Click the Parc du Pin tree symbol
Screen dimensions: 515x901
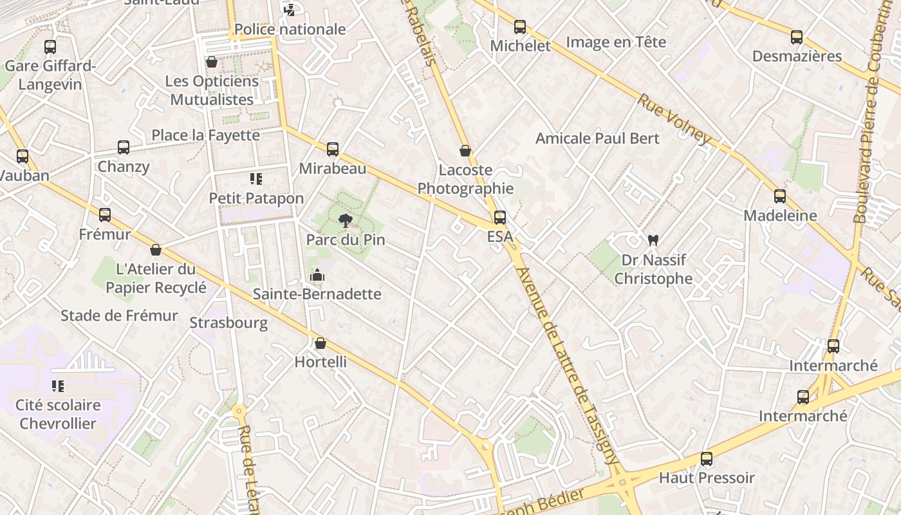point(346,221)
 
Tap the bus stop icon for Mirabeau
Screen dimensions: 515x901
point(333,149)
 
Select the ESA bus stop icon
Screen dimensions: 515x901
point(500,218)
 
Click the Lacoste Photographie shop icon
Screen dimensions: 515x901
point(465,151)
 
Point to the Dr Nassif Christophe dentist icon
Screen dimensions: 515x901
point(653,241)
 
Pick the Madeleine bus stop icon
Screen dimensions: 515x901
point(780,196)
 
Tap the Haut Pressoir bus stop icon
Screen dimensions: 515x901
point(707,459)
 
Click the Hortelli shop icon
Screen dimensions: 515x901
point(320,343)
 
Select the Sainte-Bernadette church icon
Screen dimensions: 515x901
point(317,276)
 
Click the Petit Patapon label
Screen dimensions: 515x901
point(256,198)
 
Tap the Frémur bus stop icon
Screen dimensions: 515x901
point(105,215)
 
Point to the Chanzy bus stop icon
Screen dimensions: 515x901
point(124,147)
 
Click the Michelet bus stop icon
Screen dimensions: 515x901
point(520,27)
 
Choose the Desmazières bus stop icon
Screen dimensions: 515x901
point(797,37)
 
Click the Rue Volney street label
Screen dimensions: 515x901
point(674,119)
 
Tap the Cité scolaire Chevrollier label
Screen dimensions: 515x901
point(58,414)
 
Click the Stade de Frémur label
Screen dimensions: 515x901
point(119,315)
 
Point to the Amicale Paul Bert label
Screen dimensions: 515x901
point(597,138)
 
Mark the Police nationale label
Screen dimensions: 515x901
point(290,29)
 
